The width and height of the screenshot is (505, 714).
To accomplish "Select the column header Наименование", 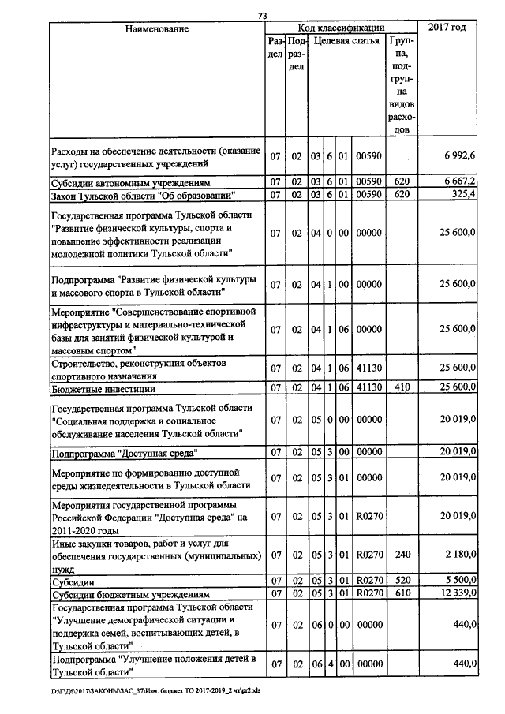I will point(157,29).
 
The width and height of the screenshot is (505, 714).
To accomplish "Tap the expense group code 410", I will point(400,388).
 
